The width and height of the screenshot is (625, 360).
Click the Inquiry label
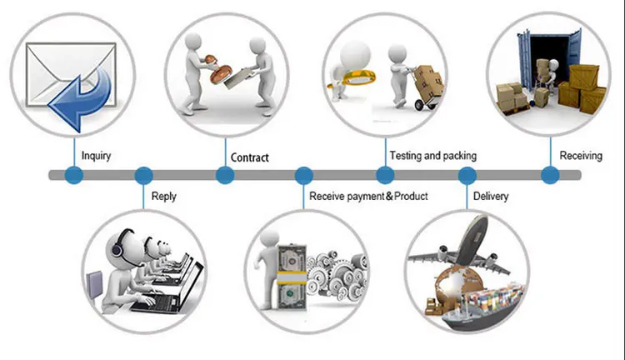pyautogui.click(x=96, y=156)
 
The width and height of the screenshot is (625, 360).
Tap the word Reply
pyautogui.click(x=164, y=197)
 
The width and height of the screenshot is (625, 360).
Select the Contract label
pyautogui.click(x=249, y=157)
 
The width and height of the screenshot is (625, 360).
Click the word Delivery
pyautogui.click(x=491, y=196)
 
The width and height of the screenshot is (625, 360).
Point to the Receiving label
pyautogui.click(x=581, y=156)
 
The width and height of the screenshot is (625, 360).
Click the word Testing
pyautogui.click(x=405, y=156)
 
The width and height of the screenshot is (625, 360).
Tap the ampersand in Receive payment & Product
pyautogui.click(x=389, y=196)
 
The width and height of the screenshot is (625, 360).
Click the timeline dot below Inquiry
pyautogui.click(x=73, y=175)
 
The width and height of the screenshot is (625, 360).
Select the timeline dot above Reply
pyautogui.click(x=143, y=175)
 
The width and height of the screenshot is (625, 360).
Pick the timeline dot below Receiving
pyautogui.click(x=550, y=175)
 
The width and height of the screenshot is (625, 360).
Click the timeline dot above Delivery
pyautogui.click(x=467, y=175)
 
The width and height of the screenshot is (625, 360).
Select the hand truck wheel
pyautogui.click(x=420, y=104)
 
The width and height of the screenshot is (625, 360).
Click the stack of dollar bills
pyautogui.click(x=292, y=277)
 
